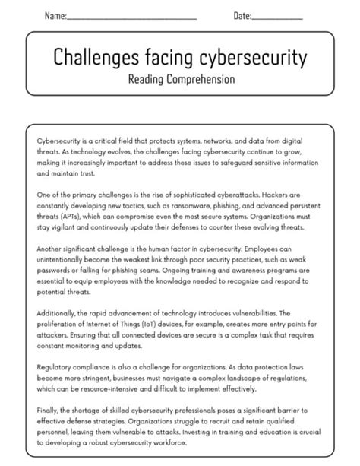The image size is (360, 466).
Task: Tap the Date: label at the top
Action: [242, 15]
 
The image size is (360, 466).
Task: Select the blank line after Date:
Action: [277, 17]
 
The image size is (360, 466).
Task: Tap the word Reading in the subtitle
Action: [146, 79]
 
